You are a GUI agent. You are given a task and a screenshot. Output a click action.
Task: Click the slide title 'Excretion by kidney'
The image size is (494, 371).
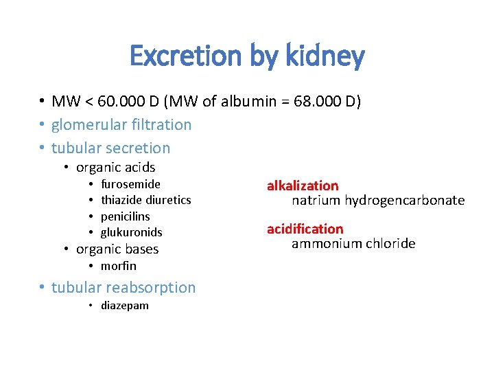(x=247, y=56)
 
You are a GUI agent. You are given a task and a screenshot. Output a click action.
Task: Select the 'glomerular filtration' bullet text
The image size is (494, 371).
(x=121, y=125)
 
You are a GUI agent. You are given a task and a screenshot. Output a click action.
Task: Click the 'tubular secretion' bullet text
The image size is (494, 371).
(x=110, y=148)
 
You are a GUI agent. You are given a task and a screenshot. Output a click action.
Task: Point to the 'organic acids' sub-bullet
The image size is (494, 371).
(x=115, y=168)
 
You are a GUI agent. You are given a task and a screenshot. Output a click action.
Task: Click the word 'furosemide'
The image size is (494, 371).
(x=130, y=184)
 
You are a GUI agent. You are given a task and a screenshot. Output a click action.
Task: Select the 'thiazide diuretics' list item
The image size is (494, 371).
(x=145, y=200)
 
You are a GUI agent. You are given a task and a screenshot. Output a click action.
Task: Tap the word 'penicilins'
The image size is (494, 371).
(x=125, y=216)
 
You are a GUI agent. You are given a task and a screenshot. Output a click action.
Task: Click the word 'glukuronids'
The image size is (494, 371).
(x=131, y=232)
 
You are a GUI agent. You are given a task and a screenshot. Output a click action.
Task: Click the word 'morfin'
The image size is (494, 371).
(x=118, y=266)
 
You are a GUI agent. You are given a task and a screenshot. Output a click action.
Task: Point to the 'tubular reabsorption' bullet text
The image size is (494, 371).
(x=123, y=288)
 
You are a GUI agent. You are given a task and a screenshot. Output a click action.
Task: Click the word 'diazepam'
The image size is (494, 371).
(x=124, y=306)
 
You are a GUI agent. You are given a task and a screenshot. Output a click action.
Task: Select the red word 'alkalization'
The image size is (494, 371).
(x=303, y=185)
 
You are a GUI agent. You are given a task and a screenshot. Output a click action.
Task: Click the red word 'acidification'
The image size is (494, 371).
(x=305, y=229)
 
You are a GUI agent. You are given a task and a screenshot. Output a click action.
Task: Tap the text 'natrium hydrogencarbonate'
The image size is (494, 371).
(x=378, y=201)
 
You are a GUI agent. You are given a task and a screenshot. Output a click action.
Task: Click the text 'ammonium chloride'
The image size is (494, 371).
(x=353, y=244)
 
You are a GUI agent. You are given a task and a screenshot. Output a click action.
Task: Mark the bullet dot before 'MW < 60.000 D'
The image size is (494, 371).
(x=42, y=102)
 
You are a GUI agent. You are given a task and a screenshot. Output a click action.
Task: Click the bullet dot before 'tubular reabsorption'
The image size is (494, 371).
(x=42, y=288)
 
